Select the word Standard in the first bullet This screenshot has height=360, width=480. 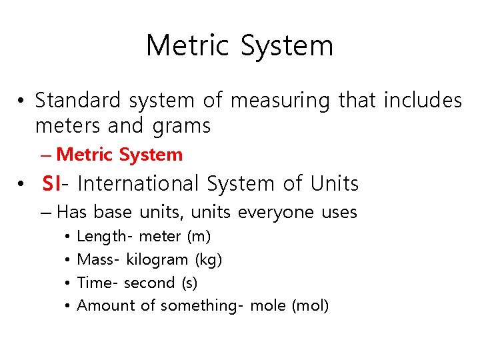[x=78, y=101]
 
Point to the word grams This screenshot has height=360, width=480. [x=181, y=125]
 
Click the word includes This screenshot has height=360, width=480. [x=423, y=101]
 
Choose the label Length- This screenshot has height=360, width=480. [x=105, y=236]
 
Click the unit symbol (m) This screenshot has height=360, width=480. [x=199, y=236]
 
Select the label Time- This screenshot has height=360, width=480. [x=98, y=283]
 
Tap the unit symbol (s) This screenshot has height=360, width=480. [x=189, y=283]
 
